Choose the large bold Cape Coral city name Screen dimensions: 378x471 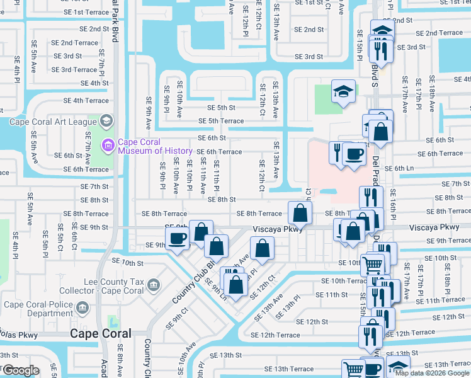(x=101, y=334)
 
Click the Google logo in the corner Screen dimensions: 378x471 (x=20, y=370)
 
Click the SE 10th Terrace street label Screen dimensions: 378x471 (x=344, y=281)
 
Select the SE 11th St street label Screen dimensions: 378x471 (x=331, y=295)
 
